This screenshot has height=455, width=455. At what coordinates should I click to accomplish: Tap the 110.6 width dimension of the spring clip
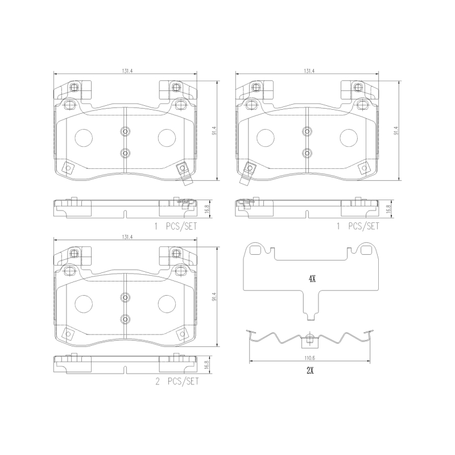pyautogui.click(x=309, y=358)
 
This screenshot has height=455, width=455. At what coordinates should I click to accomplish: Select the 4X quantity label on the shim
pyautogui.click(x=312, y=279)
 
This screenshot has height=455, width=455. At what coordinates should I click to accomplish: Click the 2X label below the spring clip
pyautogui.click(x=310, y=371)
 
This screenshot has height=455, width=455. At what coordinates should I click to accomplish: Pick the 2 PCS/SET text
pyautogui.click(x=177, y=381)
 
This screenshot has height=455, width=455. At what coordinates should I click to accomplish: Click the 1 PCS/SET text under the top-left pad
pyautogui.click(x=176, y=226)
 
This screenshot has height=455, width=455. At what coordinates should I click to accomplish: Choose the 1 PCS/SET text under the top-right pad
pyautogui.click(x=358, y=226)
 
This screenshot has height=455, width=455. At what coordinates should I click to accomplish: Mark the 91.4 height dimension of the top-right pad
pyautogui.click(x=396, y=131)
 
